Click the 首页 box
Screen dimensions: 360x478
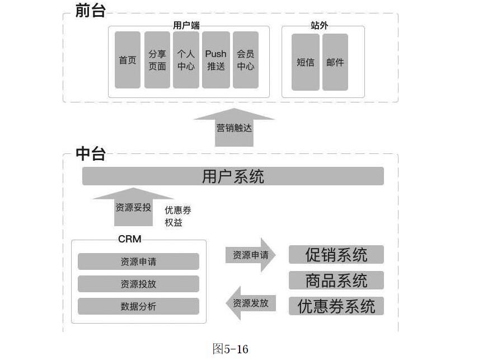(x=128, y=60)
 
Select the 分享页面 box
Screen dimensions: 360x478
(x=157, y=60)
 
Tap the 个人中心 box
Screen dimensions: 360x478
(x=186, y=60)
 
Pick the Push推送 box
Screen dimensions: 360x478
(x=215, y=60)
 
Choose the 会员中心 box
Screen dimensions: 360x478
(x=245, y=60)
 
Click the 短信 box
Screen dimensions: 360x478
(x=306, y=62)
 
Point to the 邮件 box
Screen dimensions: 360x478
(x=335, y=62)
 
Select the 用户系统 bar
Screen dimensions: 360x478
(x=233, y=176)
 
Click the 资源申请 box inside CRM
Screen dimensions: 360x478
(x=138, y=261)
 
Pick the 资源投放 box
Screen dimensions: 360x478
(x=138, y=284)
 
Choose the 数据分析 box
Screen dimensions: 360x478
(x=138, y=306)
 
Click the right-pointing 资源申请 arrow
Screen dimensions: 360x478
(x=251, y=255)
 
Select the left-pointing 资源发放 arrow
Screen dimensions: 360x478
(x=251, y=303)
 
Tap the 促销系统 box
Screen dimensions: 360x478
(x=336, y=255)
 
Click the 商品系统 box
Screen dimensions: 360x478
(x=336, y=280)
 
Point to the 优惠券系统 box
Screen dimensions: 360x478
(x=336, y=306)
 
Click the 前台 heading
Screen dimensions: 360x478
(x=91, y=10)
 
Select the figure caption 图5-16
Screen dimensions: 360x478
(x=231, y=349)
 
